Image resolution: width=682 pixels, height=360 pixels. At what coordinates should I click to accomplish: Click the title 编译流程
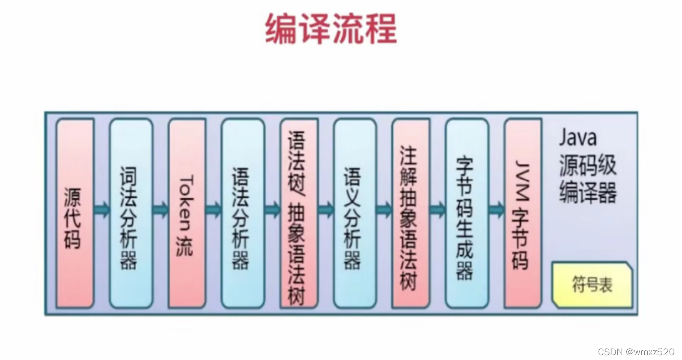(331, 29)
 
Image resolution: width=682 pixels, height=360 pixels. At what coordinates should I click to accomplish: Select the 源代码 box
(75, 213)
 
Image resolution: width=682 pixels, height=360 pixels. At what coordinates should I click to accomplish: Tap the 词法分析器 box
(131, 213)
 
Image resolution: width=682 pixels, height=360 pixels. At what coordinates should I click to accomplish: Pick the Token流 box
(186, 213)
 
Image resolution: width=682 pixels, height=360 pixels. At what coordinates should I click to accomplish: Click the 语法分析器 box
(243, 213)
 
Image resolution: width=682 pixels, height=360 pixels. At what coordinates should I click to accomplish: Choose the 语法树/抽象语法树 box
(299, 213)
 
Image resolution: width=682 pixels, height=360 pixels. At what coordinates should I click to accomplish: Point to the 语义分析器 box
(355, 213)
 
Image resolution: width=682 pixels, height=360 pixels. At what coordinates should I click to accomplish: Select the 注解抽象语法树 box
(411, 213)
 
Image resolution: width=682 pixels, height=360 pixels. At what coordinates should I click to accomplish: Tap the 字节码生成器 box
(467, 213)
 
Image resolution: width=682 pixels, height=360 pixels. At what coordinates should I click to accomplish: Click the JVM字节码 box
(523, 213)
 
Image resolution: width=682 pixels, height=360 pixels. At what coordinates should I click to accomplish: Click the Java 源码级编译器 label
(588, 166)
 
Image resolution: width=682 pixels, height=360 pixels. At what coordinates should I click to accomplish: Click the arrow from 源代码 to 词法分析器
(102, 209)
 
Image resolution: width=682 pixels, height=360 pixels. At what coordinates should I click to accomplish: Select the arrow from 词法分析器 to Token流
(160, 210)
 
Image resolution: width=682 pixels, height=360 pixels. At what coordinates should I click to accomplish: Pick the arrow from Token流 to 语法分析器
(213, 210)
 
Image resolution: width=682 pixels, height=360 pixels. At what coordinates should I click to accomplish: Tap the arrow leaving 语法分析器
(272, 210)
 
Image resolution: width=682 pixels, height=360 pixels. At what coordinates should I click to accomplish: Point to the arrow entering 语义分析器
(326, 210)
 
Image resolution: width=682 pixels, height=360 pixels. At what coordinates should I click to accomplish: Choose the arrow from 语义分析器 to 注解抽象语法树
(384, 210)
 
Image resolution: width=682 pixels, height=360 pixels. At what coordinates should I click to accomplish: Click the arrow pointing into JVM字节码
(496, 210)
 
